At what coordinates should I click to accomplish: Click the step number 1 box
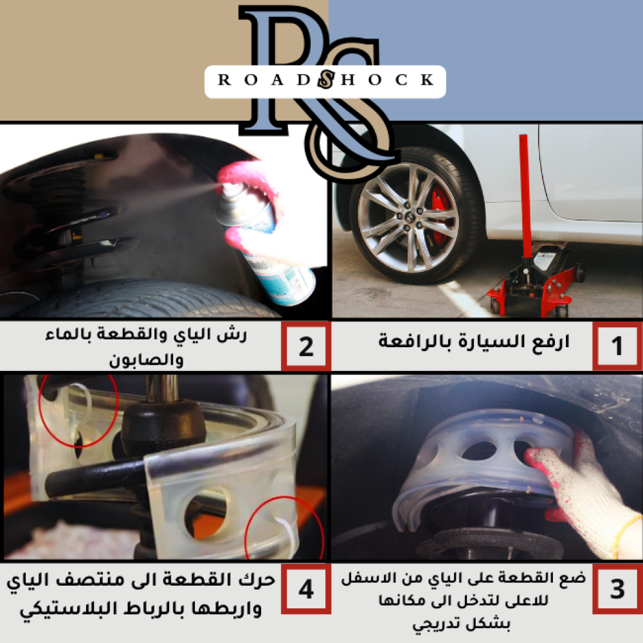617,346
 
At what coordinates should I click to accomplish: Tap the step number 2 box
306,346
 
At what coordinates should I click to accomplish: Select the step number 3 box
617,588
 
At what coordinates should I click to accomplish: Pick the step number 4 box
306,588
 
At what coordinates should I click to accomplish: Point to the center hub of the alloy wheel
408,217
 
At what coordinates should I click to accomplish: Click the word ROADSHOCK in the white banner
325,80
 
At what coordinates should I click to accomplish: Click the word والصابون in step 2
146,359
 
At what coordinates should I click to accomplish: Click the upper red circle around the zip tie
78,410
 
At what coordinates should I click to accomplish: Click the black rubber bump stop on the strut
163,426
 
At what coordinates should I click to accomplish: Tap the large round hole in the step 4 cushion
206,512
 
